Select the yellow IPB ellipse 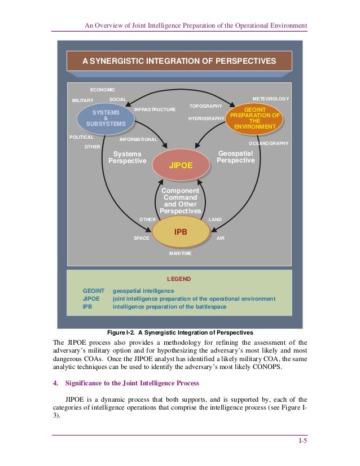181,232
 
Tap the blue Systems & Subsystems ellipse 106,118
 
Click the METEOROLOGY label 270,99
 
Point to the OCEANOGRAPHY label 269,144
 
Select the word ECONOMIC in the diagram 103,90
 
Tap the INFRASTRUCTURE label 155,109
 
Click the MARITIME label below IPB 180,253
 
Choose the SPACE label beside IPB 141,239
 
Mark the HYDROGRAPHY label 206,118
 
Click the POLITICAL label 81,137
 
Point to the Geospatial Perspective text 236,157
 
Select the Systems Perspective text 127,157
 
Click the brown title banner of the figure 179,61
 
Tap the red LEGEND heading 179,279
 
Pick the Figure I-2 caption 179,332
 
